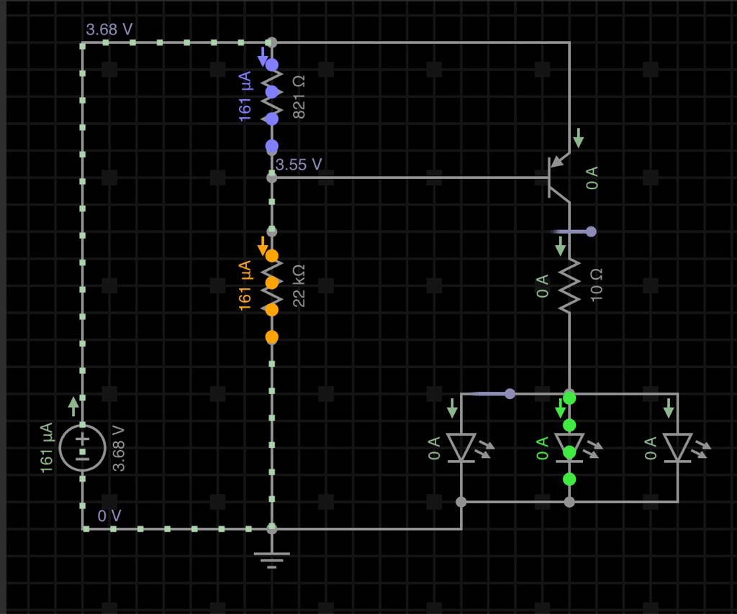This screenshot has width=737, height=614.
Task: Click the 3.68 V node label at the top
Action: (x=109, y=29)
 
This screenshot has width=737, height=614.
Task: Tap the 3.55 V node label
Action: (x=299, y=165)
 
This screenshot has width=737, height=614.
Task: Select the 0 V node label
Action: (x=109, y=516)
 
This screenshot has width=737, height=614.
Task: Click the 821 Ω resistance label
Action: (x=299, y=97)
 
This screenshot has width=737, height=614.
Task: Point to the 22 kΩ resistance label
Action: (x=299, y=286)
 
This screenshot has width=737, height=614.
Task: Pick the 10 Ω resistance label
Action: (x=596, y=285)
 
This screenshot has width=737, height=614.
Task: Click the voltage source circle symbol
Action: (x=83, y=448)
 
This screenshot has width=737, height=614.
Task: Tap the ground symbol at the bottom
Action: (x=271, y=560)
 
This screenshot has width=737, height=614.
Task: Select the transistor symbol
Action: (x=559, y=178)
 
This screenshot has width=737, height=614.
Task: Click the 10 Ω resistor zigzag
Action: (x=569, y=285)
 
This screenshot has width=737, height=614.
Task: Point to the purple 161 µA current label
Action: (x=245, y=96)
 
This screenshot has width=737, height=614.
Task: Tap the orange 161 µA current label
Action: (x=245, y=286)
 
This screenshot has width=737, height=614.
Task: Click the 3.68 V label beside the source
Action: (x=119, y=449)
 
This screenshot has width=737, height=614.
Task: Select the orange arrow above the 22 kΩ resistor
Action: (x=263, y=246)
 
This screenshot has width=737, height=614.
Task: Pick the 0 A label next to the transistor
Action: (x=592, y=178)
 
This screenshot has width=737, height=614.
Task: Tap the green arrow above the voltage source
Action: (x=73, y=407)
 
